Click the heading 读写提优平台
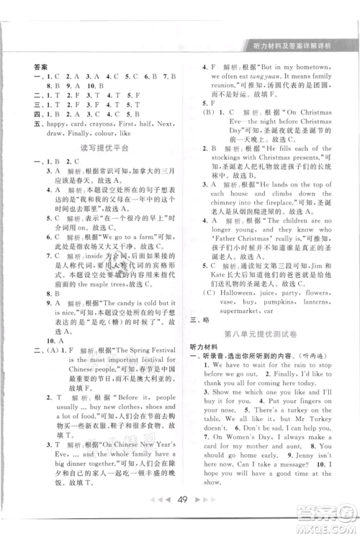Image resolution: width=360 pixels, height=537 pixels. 100,148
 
